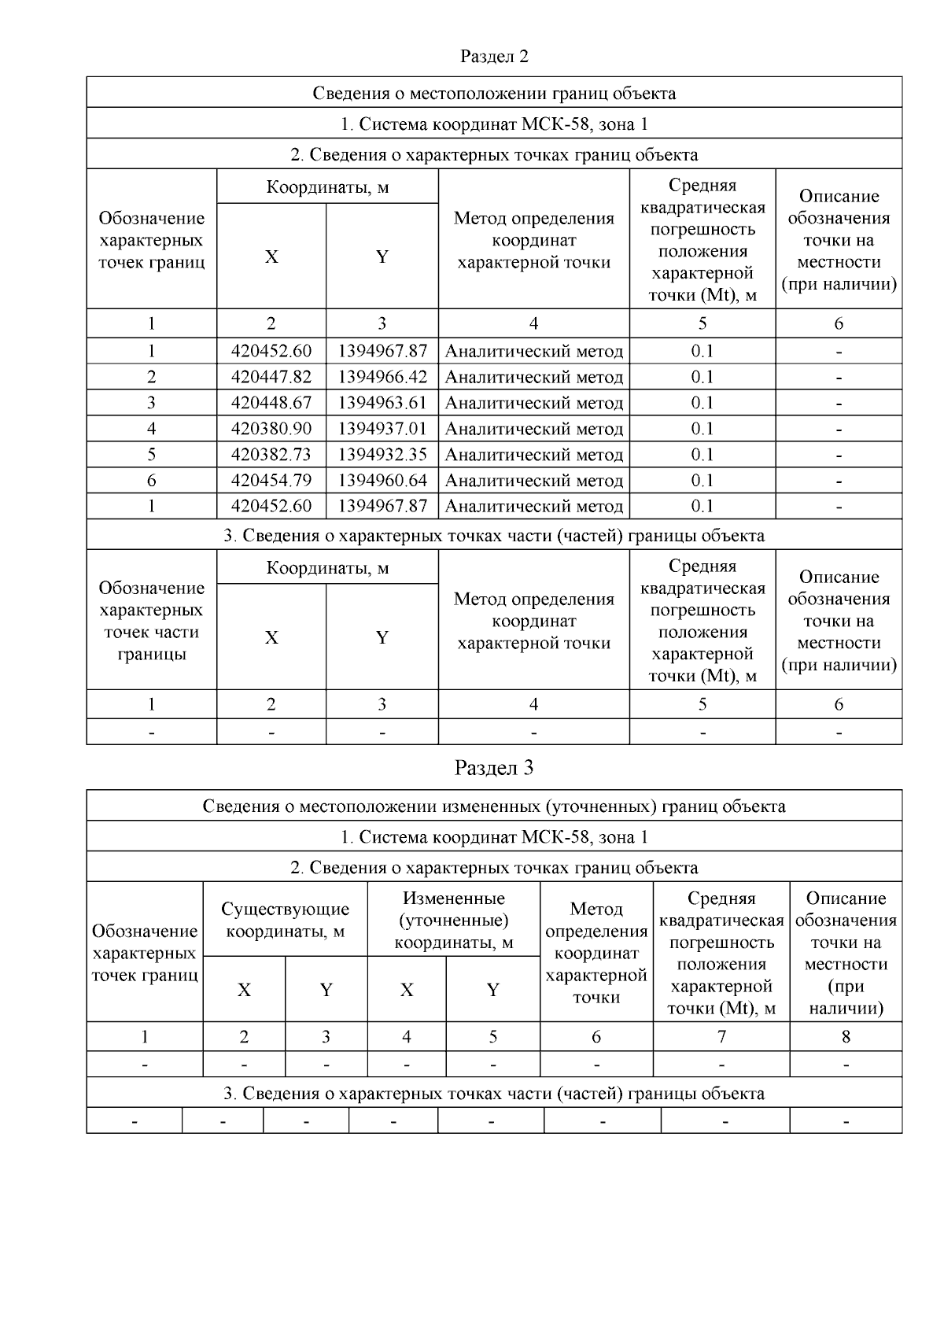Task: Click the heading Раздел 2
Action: coord(494,57)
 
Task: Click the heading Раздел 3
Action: coord(494,768)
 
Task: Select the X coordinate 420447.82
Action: coord(271,377)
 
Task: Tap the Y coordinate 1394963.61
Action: coord(382,403)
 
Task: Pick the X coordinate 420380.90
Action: coord(271,429)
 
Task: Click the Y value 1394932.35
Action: coord(382,455)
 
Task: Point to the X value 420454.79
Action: coord(271,481)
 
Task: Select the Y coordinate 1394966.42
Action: coord(382,377)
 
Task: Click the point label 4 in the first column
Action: coord(151,429)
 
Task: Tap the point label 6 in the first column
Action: coord(151,481)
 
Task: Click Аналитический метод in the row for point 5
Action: coord(533,455)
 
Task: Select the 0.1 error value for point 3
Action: coord(702,403)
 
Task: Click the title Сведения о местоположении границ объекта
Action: coord(494,94)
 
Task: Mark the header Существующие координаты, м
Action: coord(285,921)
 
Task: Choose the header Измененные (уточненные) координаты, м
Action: coord(453,921)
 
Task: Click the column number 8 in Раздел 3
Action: coord(846,1037)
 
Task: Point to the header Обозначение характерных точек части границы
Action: coord(151,621)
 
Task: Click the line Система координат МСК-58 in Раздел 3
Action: coord(494,837)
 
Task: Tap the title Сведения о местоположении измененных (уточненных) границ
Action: coord(494,806)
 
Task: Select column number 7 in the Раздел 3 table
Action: coord(721,1037)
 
